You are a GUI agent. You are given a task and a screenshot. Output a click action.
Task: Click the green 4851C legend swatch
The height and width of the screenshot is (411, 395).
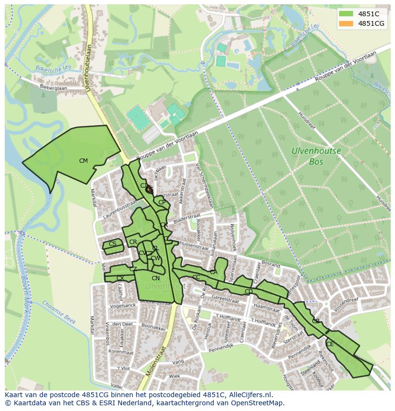click(347, 14)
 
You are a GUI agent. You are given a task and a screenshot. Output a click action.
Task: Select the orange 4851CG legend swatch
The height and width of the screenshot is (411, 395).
click(347, 23)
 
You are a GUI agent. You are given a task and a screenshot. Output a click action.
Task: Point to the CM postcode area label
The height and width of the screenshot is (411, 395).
click(83, 161)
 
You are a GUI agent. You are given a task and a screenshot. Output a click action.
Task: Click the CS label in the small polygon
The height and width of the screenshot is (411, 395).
click(113, 244)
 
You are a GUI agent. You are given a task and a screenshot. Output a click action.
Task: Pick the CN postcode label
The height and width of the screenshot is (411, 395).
click(156, 278)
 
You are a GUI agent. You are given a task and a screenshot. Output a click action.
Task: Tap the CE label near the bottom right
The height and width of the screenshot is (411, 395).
click(330, 344)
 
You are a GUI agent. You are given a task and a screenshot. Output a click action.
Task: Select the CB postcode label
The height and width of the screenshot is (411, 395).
click(316, 321)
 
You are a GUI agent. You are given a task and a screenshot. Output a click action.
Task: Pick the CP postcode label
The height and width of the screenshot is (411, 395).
click(162, 202)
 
